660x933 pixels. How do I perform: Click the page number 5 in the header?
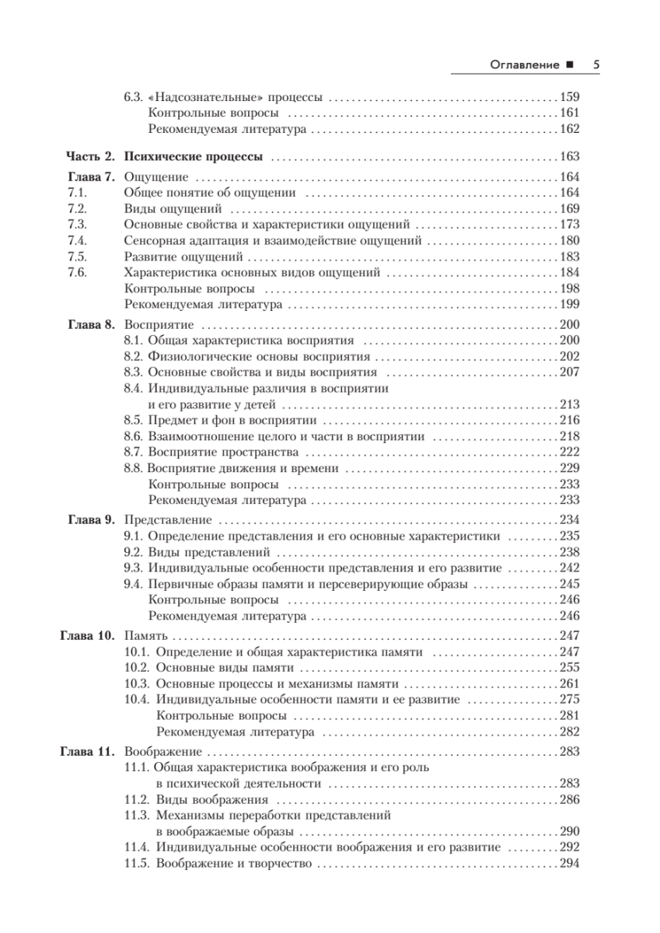pyautogui.click(x=595, y=65)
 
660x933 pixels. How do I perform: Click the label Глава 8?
pyautogui.click(x=91, y=325)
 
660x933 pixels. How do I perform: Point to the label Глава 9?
pyautogui.click(x=91, y=519)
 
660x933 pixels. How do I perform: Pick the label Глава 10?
pyautogui.click(x=87, y=636)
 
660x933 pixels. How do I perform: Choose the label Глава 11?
pyautogui.click(x=87, y=752)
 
